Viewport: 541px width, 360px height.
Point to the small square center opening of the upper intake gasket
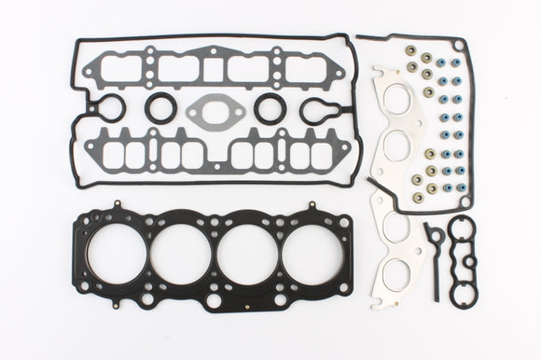point(214,65)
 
